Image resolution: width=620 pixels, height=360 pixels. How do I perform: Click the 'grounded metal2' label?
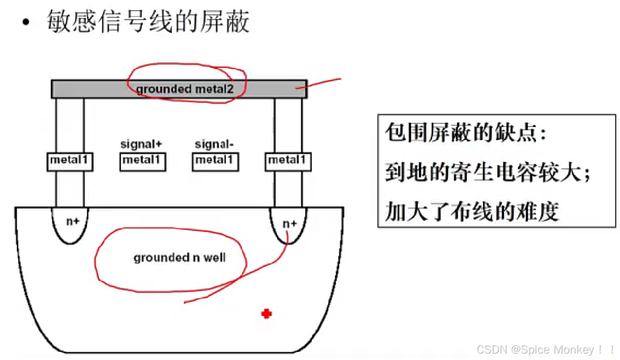point(185,88)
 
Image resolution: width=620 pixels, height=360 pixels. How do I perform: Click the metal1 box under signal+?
point(143,160)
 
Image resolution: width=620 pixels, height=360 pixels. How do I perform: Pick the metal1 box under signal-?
point(214,160)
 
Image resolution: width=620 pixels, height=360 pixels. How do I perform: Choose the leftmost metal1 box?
point(70,160)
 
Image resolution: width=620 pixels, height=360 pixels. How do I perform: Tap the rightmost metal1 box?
point(288,160)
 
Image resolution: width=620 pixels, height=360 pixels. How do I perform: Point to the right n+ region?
point(289,223)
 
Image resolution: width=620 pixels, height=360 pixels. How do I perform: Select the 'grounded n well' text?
point(179,258)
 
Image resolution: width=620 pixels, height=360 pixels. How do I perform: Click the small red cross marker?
point(267,314)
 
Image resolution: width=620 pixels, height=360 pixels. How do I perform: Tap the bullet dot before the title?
point(26,24)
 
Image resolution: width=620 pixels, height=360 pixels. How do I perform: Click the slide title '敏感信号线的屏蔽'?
point(148,22)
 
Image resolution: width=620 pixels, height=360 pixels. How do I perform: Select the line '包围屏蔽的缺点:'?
point(466,133)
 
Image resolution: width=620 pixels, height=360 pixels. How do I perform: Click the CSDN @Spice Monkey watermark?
point(545,349)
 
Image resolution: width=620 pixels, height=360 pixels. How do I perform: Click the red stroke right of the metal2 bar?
point(324,83)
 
